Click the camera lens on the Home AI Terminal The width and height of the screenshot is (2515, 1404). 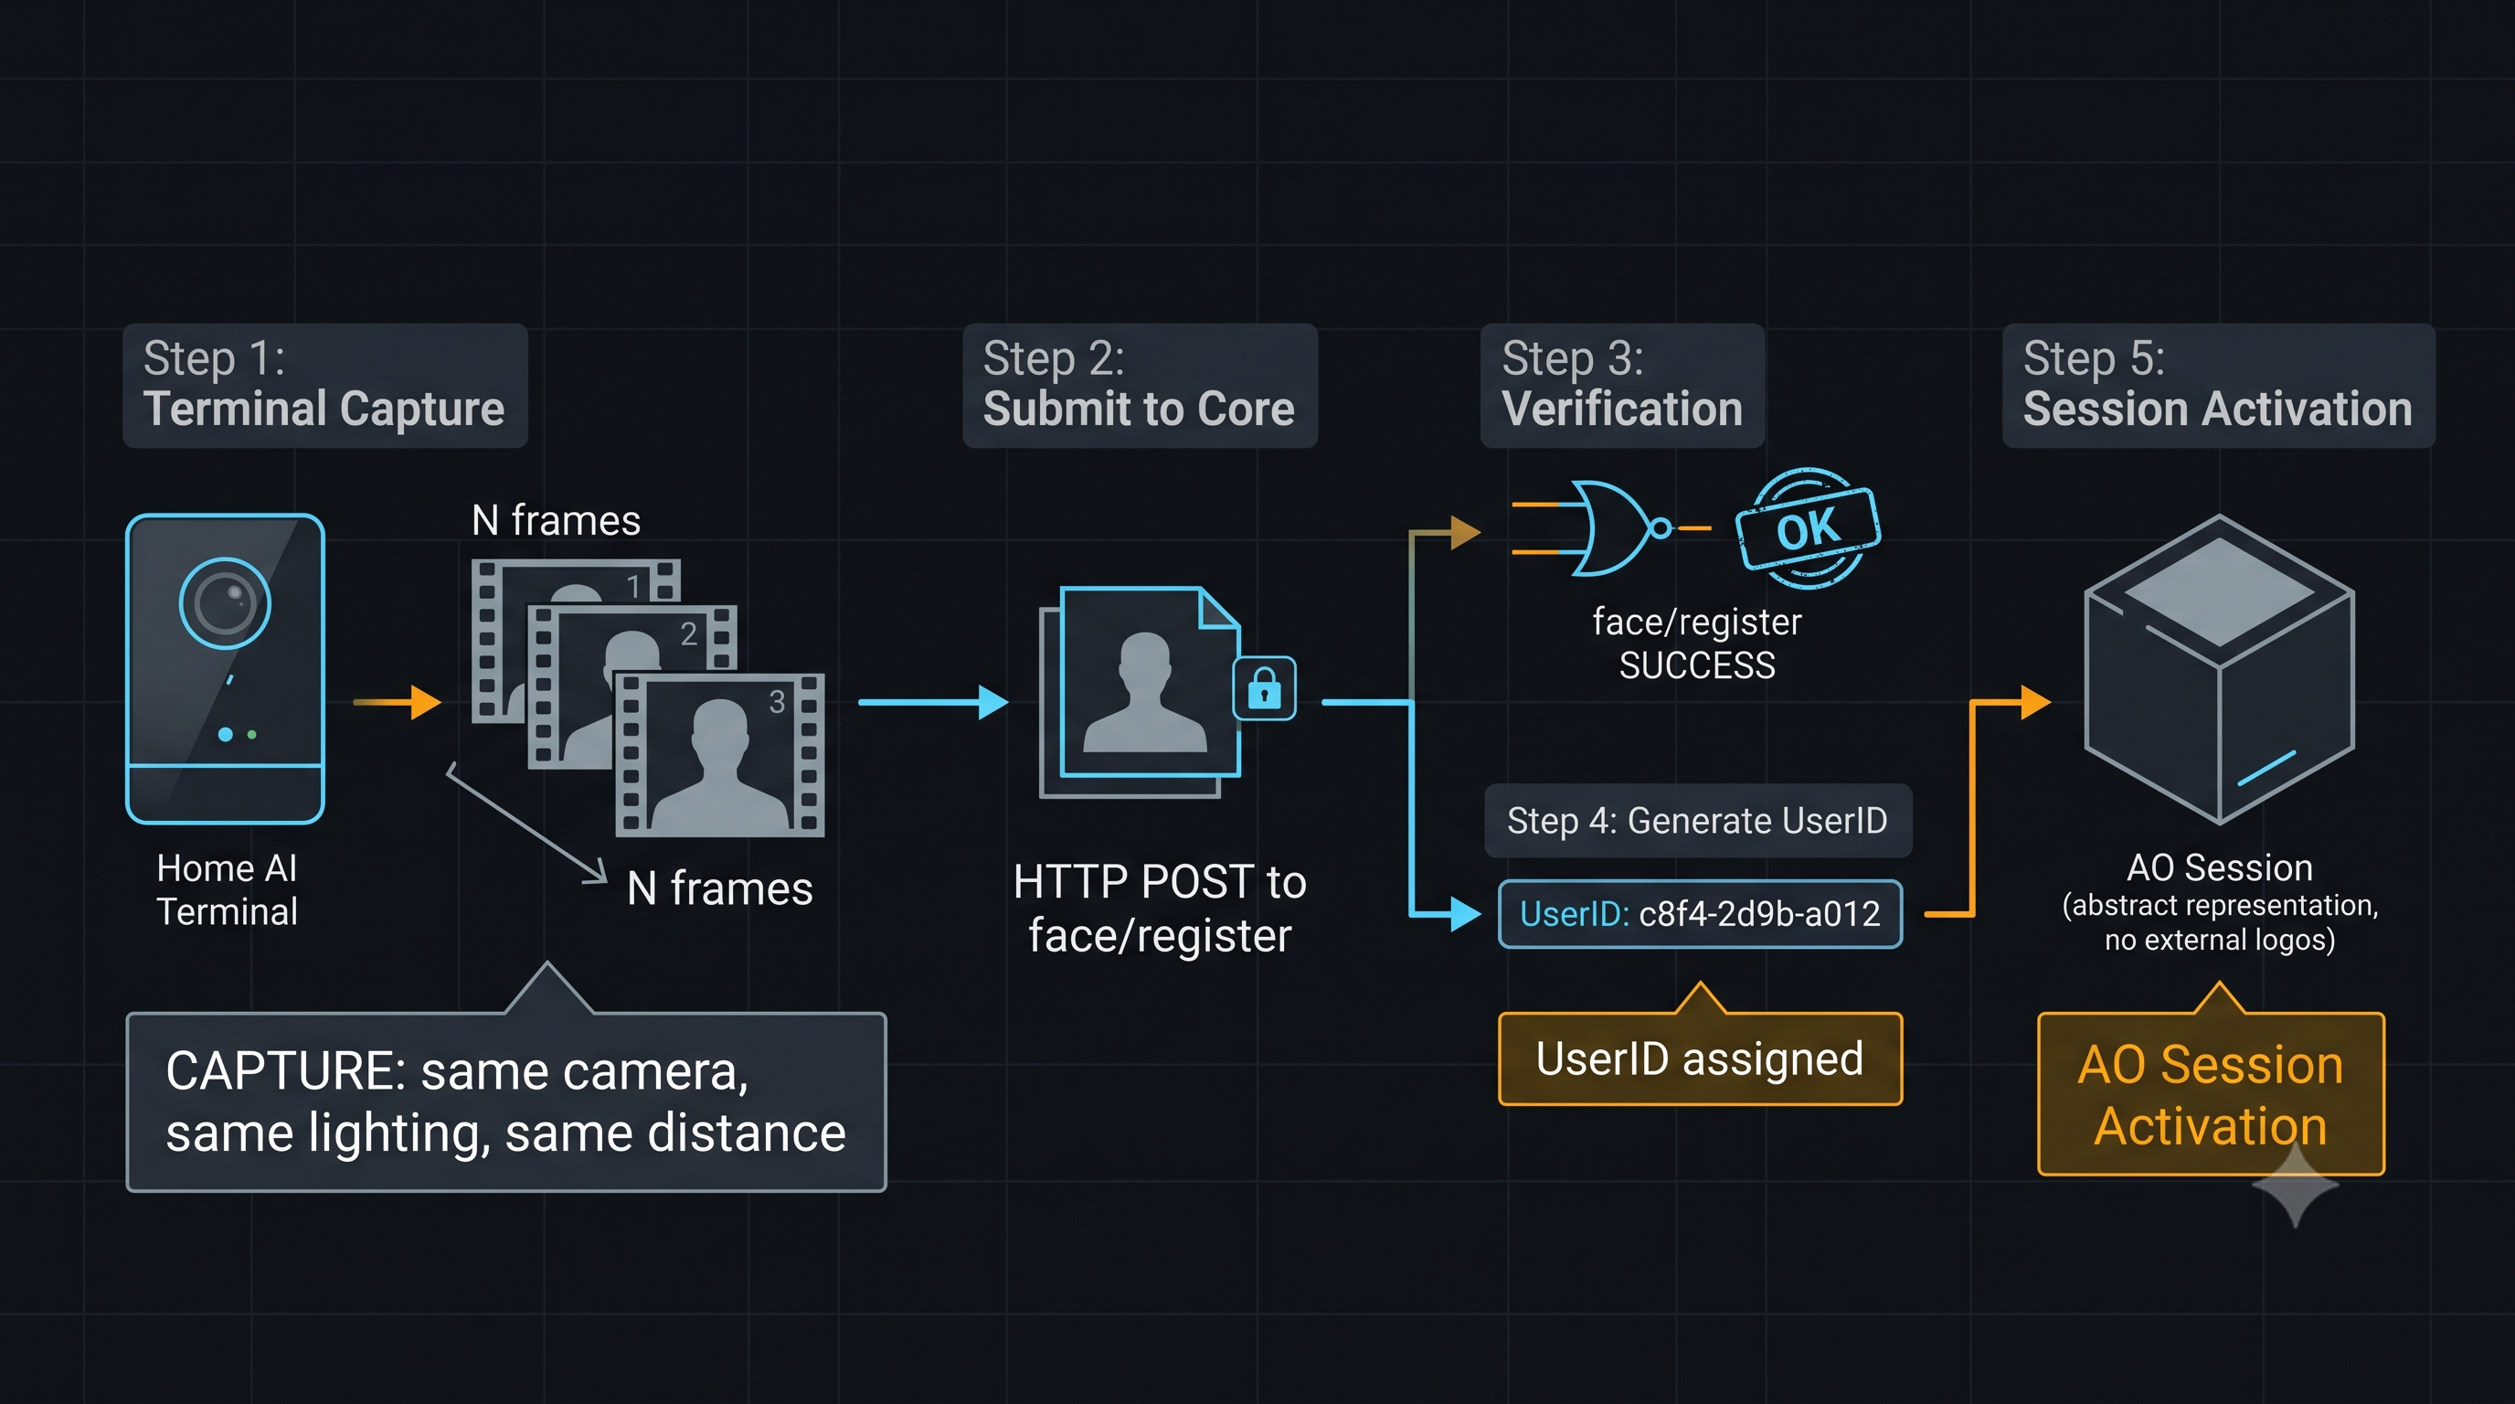(x=226, y=603)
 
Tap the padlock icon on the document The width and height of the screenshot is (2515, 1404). (x=1264, y=688)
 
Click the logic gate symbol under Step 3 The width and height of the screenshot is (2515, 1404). (x=1611, y=528)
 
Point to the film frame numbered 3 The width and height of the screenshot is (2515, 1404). (x=719, y=755)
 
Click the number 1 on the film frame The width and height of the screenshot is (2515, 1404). (x=633, y=586)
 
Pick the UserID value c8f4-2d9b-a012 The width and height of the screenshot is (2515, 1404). (x=1759, y=914)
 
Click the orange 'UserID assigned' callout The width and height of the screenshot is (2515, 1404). (x=1700, y=1058)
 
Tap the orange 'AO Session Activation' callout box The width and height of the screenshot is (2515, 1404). (x=2211, y=1094)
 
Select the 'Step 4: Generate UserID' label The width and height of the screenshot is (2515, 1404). (x=1698, y=821)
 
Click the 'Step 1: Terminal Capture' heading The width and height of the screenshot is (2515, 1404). (x=325, y=386)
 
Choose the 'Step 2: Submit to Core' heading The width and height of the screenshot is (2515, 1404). (x=1140, y=386)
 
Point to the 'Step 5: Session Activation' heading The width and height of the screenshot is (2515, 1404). (x=2218, y=386)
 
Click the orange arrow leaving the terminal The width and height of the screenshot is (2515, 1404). (x=398, y=702)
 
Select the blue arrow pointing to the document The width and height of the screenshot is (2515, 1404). (x=933, y=702)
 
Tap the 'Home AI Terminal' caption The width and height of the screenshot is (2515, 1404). (x=228, y=889)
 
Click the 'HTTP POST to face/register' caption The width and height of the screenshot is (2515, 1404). (x=1160, y=909)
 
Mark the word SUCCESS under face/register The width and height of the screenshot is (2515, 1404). (x=1697, y=665)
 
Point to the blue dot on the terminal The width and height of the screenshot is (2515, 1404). (x=226, y=734)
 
